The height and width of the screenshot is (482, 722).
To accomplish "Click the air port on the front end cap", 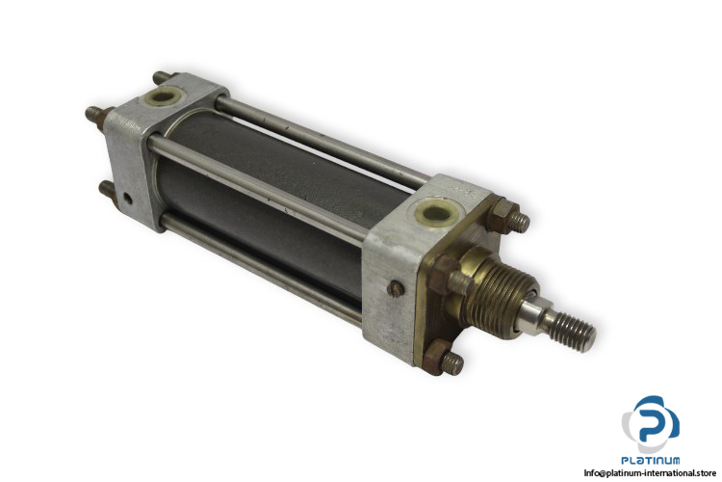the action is coord(435,214).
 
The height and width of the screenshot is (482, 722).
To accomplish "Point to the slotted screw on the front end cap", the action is coord(395,289).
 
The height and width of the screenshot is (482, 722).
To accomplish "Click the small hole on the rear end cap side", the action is coord(127,199).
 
